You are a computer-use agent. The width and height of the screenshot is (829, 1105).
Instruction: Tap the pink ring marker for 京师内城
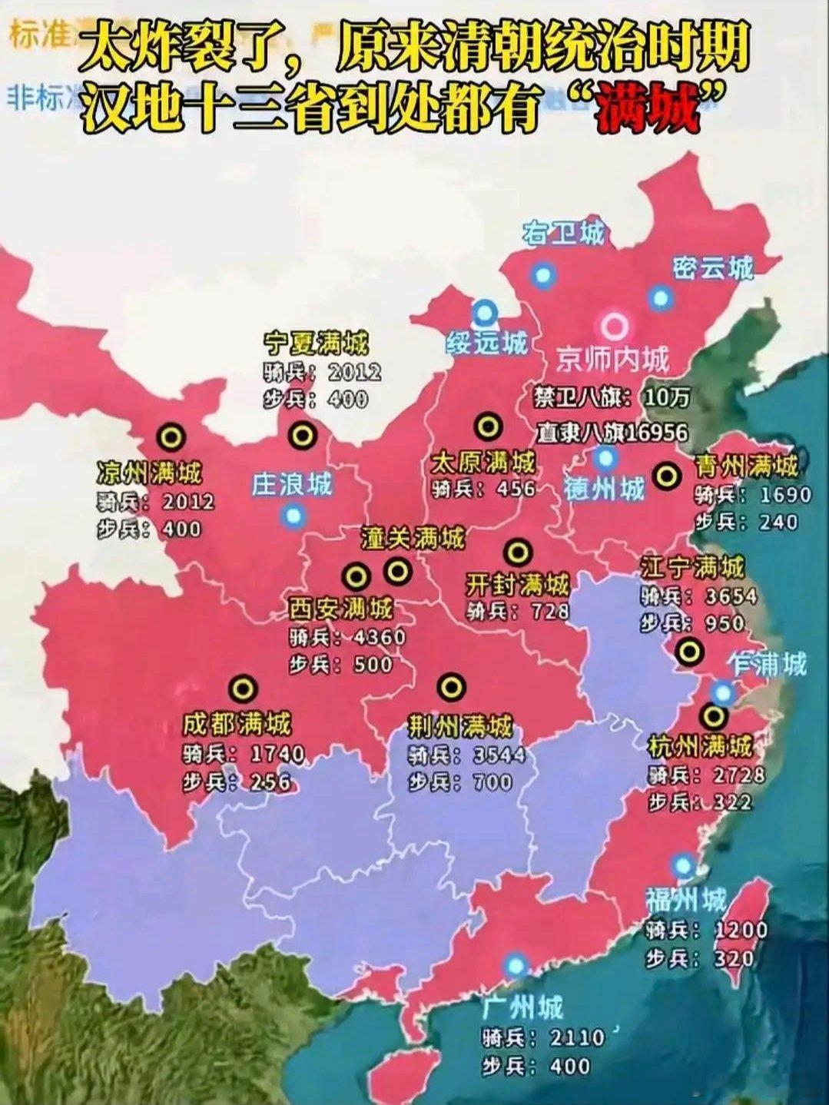click(614, 327)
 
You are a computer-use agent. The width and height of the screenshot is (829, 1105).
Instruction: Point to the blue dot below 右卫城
click(543, 274)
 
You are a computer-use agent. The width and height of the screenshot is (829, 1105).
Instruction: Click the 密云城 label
click(711, 267)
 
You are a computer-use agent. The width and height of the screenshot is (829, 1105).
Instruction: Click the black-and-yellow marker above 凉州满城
click(171, 437)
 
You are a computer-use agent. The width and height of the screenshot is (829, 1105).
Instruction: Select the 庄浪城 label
click(291, 484)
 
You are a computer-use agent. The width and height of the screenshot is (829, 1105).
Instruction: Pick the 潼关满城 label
click(413, 538)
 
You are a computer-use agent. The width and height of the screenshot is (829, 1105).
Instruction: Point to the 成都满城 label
click(237, 724)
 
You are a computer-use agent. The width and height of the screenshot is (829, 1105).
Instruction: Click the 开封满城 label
click(517, 585)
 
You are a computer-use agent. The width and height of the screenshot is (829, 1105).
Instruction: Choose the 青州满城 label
click(746, 465)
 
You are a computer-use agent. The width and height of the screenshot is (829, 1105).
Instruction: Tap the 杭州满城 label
click(700, 745)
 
